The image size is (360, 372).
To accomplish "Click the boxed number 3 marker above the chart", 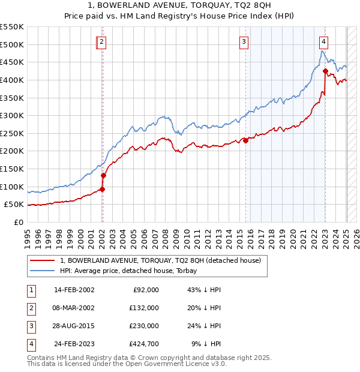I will point(244,41).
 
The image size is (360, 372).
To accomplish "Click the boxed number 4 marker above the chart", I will point(323,41).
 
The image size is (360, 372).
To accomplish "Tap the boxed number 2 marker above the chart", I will point(102,41).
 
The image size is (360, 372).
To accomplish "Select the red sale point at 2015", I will point(245,140).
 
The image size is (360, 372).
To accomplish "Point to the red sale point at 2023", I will point(325,71).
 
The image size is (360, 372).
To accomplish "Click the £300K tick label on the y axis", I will point(12,115).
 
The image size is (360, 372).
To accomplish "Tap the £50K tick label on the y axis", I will point(14,204).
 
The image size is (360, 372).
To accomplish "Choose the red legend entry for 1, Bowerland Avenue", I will point(160,261).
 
